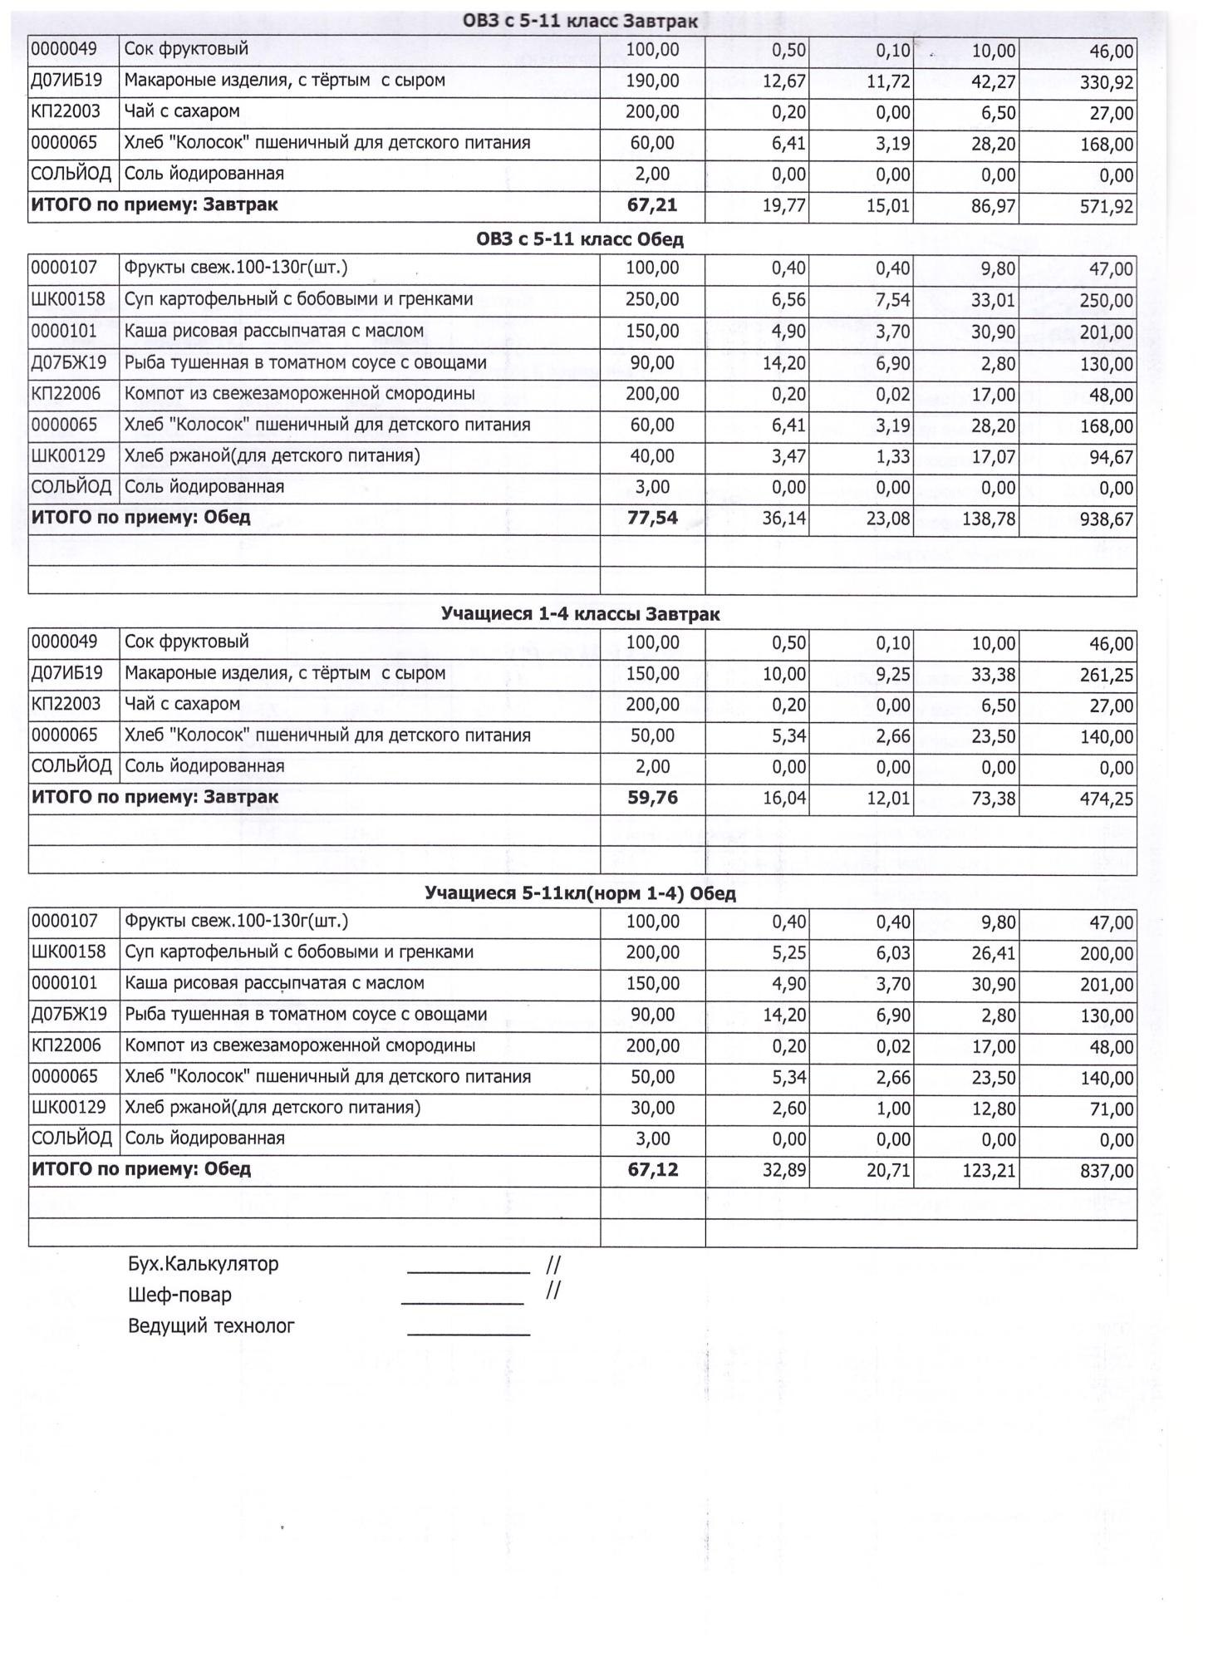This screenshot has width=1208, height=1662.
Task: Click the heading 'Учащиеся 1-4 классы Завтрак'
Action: (580, 615)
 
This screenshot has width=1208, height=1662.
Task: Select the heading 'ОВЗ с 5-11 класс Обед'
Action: (580, 240)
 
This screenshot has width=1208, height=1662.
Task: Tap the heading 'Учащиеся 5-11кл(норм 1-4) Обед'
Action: (580, 894)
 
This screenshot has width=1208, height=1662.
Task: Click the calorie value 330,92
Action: (1107, 82)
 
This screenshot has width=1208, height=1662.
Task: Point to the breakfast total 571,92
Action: (1107, 207)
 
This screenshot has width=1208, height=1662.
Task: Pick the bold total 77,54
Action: (652, 519)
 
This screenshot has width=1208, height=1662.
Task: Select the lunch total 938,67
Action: (1107, 520)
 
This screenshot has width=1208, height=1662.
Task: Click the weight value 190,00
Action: (652, 81)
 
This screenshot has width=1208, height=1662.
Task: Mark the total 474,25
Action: (1107, 799)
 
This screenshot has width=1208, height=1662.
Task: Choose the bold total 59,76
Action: (652, 798)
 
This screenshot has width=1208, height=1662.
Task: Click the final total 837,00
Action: (1107, 1172)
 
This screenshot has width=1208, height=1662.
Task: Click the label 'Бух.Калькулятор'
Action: (204, 1265)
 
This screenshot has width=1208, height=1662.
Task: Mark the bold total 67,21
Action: (652, 205)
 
